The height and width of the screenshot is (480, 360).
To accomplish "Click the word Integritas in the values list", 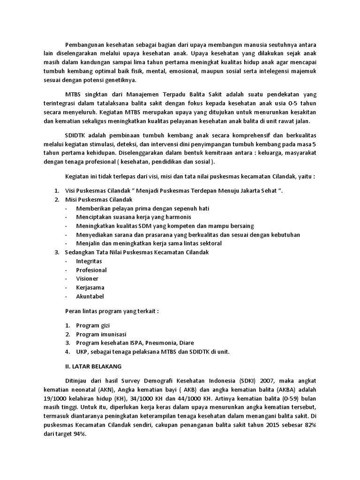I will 89,261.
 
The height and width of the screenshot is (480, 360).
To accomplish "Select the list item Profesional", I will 91,270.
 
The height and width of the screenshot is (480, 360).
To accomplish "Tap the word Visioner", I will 87,279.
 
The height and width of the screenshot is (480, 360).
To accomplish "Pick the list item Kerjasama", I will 90,287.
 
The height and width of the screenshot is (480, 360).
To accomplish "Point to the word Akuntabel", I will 90,296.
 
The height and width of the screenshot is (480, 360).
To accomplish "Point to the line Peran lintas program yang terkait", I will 112,311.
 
